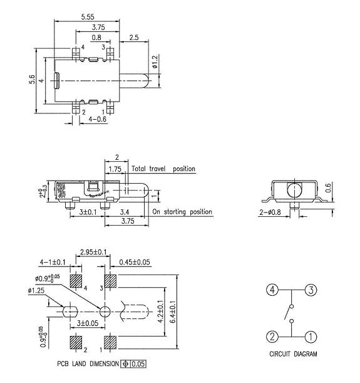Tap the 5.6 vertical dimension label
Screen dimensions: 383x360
32,81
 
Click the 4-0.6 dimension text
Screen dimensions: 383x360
98,119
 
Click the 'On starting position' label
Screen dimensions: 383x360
182,212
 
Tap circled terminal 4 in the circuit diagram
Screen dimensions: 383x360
272,290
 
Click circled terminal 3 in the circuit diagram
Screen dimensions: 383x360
311,290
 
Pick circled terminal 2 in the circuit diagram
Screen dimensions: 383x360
272,337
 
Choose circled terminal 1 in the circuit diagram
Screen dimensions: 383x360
311,337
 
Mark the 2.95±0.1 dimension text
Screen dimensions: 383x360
92,252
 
